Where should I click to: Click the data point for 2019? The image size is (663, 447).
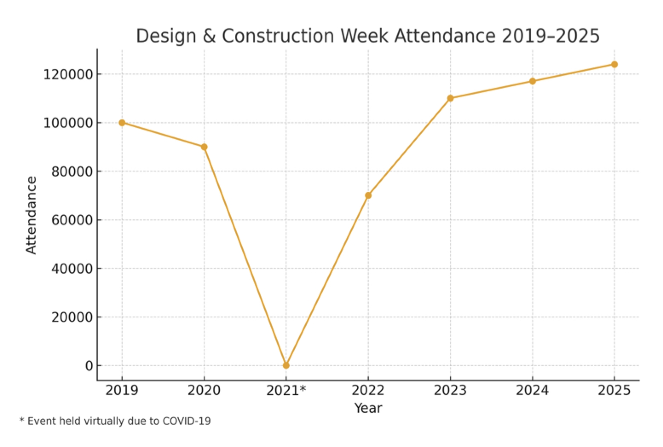122,123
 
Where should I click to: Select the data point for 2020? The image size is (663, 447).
204,147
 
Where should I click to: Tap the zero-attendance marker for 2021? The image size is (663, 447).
286,366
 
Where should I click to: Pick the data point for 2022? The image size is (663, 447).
368,195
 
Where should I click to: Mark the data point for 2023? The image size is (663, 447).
450,99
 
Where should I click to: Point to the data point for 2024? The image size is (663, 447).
532,81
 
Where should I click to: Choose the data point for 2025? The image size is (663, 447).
614,64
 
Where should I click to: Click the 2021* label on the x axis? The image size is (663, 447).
286,390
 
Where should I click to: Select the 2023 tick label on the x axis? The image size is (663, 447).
450,390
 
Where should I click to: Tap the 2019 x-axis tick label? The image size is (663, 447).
122,390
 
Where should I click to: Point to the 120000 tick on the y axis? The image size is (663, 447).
68,75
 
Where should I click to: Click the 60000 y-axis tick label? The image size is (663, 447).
72,220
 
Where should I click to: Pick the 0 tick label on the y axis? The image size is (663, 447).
89,366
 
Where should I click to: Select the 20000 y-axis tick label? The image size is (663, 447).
72,317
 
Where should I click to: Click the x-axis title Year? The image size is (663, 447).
368,408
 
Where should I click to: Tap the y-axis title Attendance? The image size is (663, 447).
31,215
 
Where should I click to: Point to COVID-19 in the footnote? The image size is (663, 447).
187,421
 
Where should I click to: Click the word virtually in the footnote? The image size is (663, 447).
103,421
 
